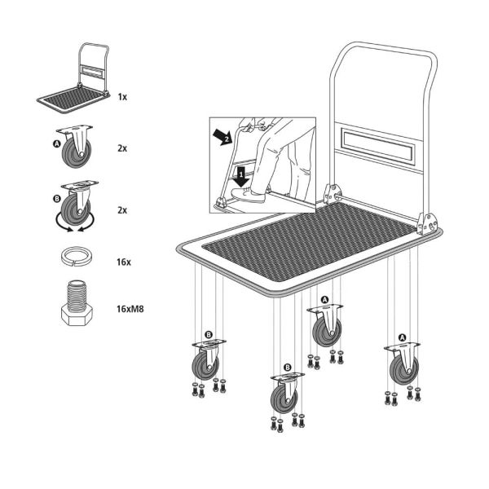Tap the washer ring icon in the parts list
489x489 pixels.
77,258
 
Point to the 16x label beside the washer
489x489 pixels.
122,262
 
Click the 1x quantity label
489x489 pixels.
122,96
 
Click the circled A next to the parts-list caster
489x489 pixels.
56,143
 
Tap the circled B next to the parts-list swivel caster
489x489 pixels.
56,198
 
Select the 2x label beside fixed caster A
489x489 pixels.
122,148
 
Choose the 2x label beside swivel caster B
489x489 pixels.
122,209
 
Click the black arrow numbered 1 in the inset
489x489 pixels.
240,174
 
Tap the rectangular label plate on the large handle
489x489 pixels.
377,144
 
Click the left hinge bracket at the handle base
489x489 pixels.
332,194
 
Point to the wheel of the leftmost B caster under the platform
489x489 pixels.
205,366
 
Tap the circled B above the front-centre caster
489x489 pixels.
287,368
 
